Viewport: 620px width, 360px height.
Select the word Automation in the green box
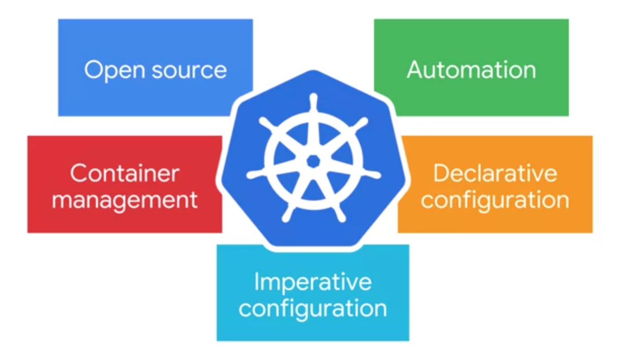point(471,70)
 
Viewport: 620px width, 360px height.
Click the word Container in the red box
point(125,174)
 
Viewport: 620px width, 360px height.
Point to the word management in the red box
point(125,200)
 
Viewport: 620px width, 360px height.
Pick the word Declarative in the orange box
point(495,174)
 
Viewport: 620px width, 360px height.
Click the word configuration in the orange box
point(495,200)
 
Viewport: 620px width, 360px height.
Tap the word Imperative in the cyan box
point(313,282)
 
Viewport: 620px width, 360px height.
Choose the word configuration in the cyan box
point(313,308)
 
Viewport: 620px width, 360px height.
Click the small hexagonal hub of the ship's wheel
point(313,161)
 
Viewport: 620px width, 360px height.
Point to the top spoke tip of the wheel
point(313,97)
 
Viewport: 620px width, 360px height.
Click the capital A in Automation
point(415,70)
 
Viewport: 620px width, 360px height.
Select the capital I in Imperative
point(257,282)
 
